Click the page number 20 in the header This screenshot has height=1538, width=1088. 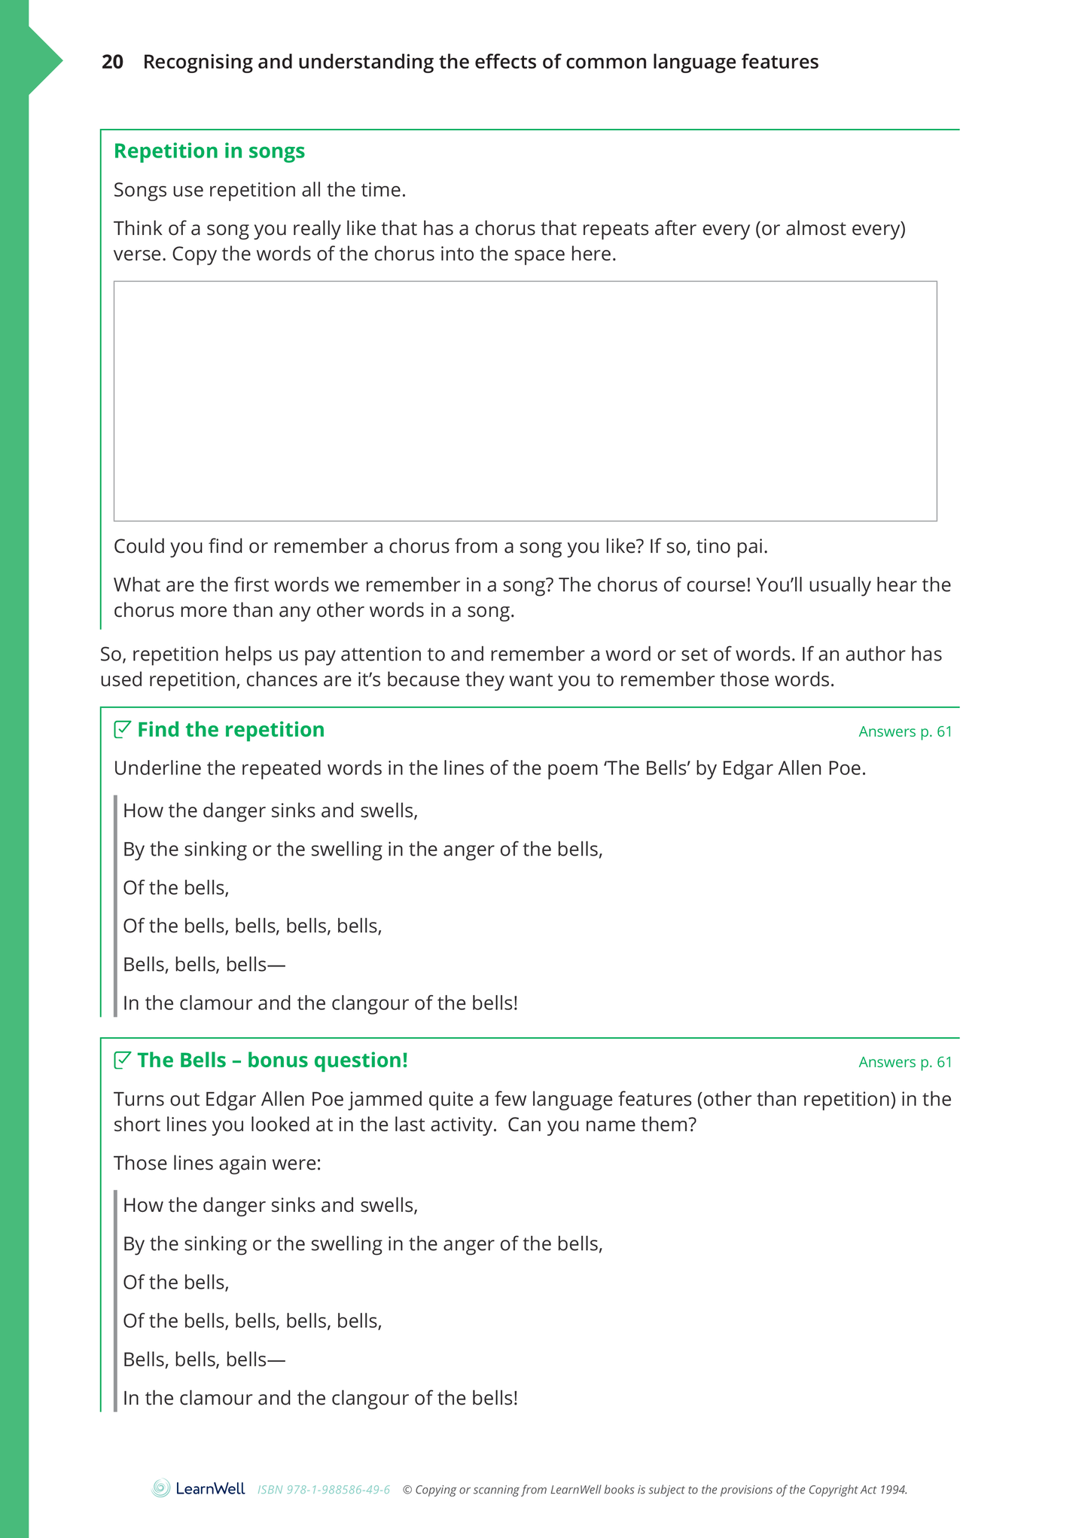(112, 62)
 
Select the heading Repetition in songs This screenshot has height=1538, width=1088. (209, 151)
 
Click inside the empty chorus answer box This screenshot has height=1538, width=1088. (525, 401)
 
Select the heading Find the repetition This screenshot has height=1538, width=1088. (230, 730)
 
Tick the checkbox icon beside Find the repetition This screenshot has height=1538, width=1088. (122, 729)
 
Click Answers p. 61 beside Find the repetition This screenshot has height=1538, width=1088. (905, 731)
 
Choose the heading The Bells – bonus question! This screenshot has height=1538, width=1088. (272, 1060)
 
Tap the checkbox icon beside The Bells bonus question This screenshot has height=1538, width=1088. (122, 1060)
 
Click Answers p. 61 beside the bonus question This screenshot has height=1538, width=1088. (905, 1062)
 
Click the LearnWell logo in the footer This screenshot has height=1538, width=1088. (198, 1488)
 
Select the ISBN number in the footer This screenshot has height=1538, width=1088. (324, 1490)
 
